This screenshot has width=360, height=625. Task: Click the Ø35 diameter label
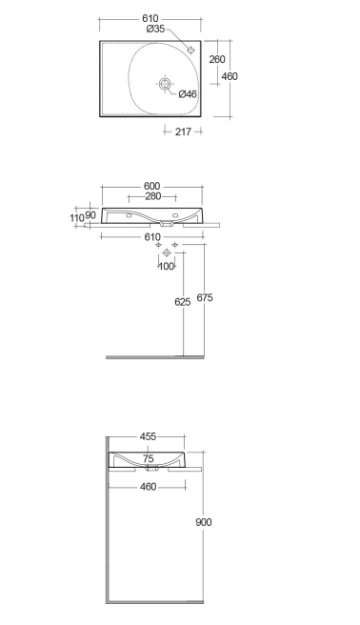pyautogui.click(x=155, y=29)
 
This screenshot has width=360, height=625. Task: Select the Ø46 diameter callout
pyautogui.click(x=188, y=94)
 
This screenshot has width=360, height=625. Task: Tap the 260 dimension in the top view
pyautogui.click(x=217, y=59)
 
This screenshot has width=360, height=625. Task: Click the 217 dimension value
pyautogui.click(x=183, y=131)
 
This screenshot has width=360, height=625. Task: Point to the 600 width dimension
pyautogui.click(x=151, y=186)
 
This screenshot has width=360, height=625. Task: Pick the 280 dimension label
pyautogui.click(x=153, y=196)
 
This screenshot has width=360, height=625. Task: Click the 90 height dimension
pyautogui.click(x=90, y=215)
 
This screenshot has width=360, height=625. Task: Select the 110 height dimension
pyautogui.click(x=77, y=218)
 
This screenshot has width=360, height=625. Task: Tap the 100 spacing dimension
pyautogui.click(x=167, y=266)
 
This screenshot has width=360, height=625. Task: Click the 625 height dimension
pyautogui.click(x=183, y=302)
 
